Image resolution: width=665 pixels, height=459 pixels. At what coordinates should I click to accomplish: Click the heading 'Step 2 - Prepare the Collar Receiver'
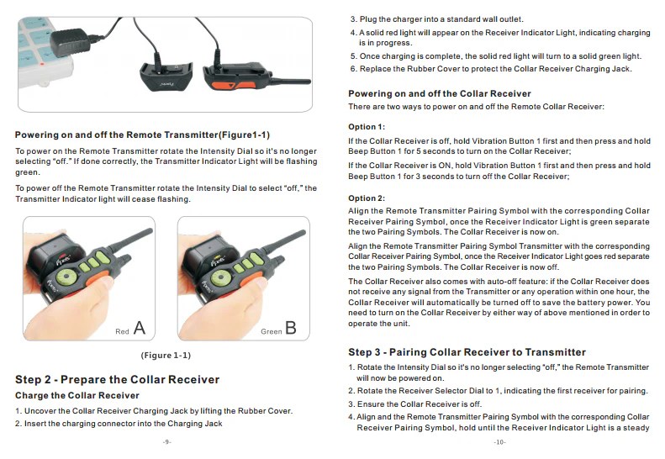click(117, 379)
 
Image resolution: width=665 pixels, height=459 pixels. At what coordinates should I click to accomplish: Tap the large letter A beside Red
click(140, 328)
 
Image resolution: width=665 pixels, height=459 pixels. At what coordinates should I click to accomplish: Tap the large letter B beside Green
click(290, 328)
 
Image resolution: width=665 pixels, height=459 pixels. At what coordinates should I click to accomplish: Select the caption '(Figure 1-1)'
click(166, 355)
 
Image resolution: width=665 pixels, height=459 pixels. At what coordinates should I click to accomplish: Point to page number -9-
click(166, 441)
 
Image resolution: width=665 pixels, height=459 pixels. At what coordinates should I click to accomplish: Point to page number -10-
click(499, 441)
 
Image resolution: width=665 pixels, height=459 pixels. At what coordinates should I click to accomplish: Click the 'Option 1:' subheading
click(367, 126)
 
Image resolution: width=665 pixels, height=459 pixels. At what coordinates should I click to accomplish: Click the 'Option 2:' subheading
click(367, 198)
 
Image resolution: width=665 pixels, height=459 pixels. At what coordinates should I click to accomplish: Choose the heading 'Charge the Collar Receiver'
click(77, 395)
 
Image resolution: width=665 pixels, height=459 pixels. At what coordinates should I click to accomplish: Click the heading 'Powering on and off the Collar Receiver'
click(440, 93)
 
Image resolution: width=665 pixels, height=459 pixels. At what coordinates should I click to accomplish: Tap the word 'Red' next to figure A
click(122, 332)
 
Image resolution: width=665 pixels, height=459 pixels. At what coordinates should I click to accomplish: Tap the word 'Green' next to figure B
click(270, 332)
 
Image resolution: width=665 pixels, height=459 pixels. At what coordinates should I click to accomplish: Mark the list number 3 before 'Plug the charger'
click(352, 18)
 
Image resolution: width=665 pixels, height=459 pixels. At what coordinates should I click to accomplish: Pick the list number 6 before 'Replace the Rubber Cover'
click(352, 68)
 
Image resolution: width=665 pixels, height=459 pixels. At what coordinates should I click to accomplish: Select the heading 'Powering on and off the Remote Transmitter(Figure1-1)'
click(142, 135)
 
